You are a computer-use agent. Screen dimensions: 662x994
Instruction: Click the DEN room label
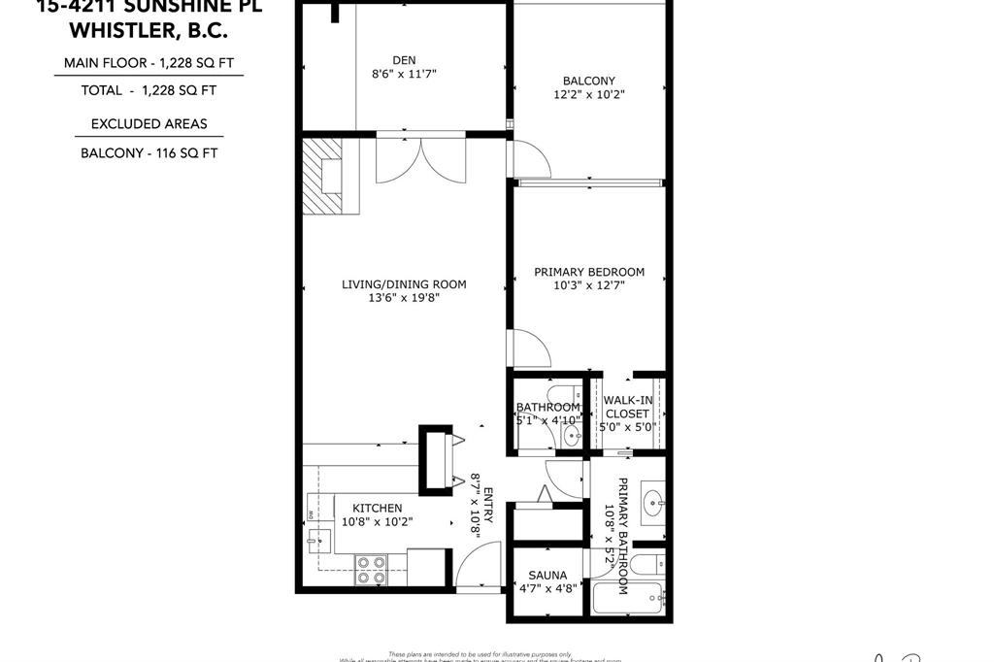[404, 59]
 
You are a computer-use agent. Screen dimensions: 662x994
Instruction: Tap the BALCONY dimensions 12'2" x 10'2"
[588, 95]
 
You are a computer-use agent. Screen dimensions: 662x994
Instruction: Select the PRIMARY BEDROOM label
[588, 272]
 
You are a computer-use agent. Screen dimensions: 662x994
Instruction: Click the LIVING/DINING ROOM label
[404, 284]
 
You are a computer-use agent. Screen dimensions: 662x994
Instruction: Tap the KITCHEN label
[377, 508]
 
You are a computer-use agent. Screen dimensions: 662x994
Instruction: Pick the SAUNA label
[547, 575]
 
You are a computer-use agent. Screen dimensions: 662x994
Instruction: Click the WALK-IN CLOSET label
[626, 407]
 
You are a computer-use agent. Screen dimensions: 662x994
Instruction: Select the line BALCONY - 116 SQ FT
[149, 152]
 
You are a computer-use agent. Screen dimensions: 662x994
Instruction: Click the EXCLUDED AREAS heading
[149, 123]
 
